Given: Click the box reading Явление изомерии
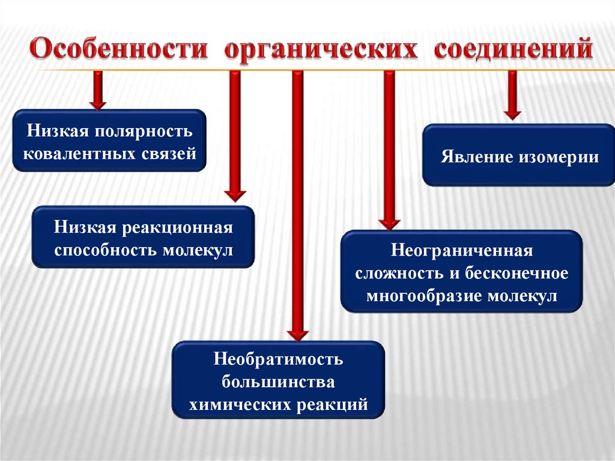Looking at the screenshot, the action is tap(519, 156).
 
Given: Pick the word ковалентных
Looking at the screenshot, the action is tap(79, 153).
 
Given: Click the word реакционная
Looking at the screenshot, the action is tap(179, 228).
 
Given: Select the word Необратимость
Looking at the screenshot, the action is tap(278, 359).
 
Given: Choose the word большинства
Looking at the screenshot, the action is tap(278, 382).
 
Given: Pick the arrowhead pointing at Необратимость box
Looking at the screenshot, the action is tap(297, 334).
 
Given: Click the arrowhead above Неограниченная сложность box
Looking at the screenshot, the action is tap(390, 223).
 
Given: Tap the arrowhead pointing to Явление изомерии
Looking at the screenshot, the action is tap(512, 112).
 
